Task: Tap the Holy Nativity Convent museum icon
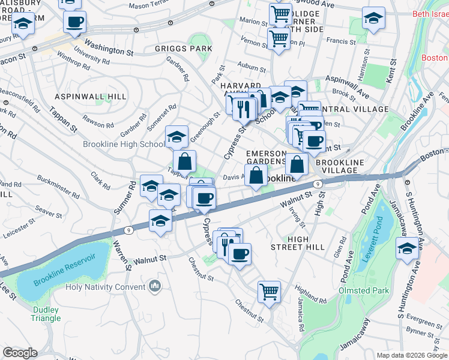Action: click(x=155, y=287)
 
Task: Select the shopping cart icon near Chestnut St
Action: click(x=270, y=292)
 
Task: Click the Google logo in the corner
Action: click(x=19, y=353)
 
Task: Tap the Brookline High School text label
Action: click(x=124, y=144)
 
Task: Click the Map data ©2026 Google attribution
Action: click(x=411, y=355)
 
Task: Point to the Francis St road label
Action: click(x=341, y=41)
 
